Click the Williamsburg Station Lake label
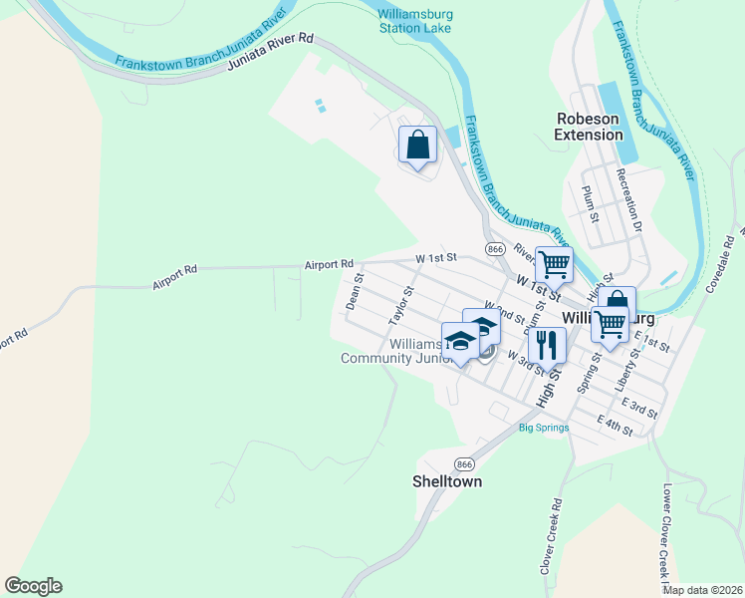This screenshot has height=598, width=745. click(414, 20)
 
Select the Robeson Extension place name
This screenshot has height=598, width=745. click(588, 127)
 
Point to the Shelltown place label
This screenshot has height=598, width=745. click(447, 481)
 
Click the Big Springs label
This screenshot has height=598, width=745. click(544, 429)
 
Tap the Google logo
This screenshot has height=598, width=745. click(33, 586)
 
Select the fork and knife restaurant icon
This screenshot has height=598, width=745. click(547, 345)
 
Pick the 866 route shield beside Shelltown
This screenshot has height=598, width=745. click(464, 464)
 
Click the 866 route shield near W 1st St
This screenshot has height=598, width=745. click(495, 247)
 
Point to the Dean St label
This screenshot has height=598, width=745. click(352, 293)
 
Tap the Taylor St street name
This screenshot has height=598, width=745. click(401, 306)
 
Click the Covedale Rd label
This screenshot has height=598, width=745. click(724, 262)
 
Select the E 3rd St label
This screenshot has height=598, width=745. click(638, 408)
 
